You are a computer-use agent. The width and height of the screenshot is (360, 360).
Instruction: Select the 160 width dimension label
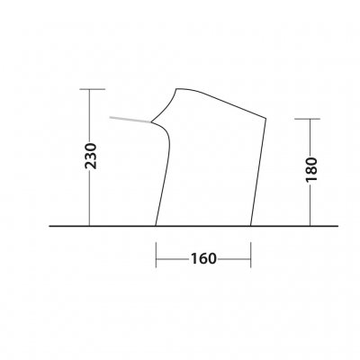203,259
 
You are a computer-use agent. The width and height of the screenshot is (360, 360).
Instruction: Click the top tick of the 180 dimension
309,120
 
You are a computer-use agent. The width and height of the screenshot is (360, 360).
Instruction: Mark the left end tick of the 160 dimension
157,259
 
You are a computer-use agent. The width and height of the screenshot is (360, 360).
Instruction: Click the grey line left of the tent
130,120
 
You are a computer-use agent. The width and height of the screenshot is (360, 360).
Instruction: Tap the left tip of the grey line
110,117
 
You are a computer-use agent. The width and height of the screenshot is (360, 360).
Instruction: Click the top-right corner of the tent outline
267,118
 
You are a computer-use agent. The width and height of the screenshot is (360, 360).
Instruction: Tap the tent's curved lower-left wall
165,180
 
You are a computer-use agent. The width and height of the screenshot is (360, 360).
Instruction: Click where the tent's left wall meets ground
157,225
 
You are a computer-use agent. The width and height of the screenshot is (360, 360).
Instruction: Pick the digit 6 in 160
203,259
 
